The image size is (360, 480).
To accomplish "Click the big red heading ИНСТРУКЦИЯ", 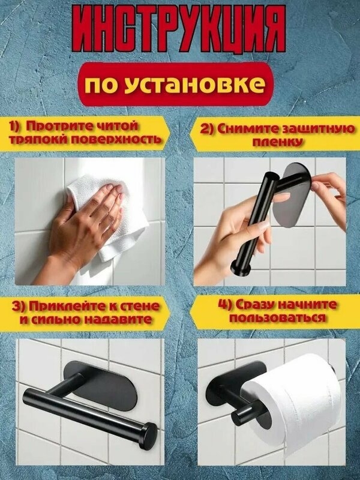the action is [179, 31].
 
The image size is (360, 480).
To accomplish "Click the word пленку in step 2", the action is [278, 142].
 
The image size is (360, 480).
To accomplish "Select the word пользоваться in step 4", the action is [277, 318].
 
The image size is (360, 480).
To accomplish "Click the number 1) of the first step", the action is [14, 126].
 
